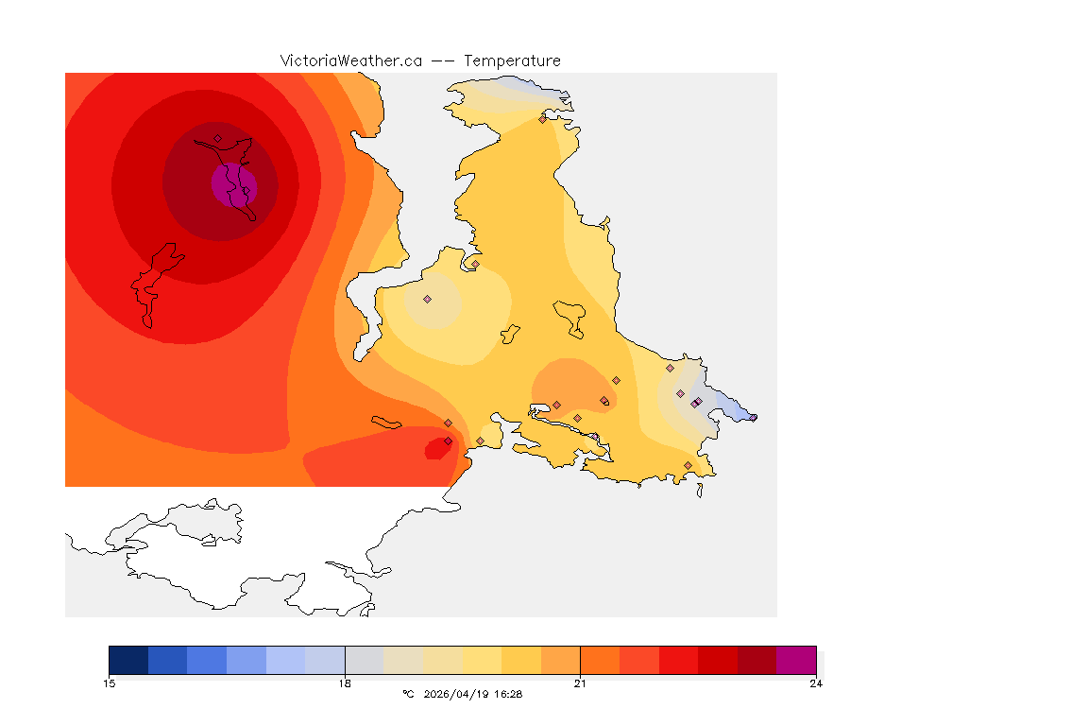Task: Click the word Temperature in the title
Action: tap(512, 60)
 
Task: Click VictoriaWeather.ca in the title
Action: tap(350, 60)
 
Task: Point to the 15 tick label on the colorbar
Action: tap(109, 683)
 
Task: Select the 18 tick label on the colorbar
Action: tap(345, 683)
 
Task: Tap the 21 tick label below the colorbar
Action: tap(580, 683)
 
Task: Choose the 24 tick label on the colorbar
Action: tap(816, 683)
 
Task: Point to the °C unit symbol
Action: tap(408, 694)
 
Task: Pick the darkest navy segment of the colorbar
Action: tap(128, 660)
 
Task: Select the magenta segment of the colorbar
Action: tap(796, 660)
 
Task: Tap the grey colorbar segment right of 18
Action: tap(365, 660)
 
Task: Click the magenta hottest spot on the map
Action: tap(232, 183)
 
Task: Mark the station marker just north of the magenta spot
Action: tap(217, 138)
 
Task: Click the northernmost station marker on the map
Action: tap(542, 119)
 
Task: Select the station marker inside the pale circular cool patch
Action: tap(427, 299)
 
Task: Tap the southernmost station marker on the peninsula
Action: tap(688, 465)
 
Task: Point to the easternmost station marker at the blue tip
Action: tap(753, 417)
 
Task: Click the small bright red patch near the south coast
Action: tap(436, 450)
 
